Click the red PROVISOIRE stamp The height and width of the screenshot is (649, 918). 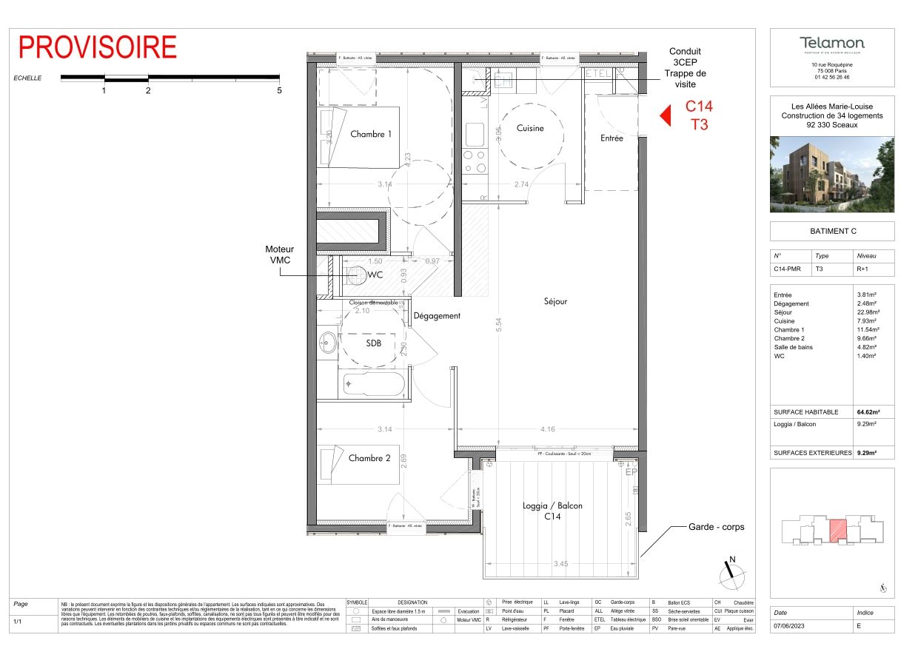pyautogui.click(x=98, y=47)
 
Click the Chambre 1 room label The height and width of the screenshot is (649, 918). pyautogui.click(x=371, y=134)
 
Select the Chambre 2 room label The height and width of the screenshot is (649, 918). pyautogui.click(x=369, y=458)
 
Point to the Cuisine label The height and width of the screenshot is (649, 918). pyautogui.click(x=530, y=128)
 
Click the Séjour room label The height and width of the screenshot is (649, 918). pyautogui.click(x=555, y=301)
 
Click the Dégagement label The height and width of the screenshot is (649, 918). pyautogui.click(x=437, y=315)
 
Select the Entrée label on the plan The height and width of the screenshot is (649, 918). pyautogui.click(x=612, y=138)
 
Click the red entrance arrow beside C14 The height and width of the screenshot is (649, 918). pyautogui.click(x=665, y=116)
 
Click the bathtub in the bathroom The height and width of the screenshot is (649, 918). pyautogui.click(x=373, y=384)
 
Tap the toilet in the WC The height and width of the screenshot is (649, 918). pyautogui.click(x=355, y=275)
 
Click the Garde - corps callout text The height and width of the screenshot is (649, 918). pyautogui.click(x=717, y=527)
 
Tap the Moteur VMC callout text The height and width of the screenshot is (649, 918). pyautogui.click(x=279, y=255)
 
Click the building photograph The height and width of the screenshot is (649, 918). pyautogui.click(x=831, y=174)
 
